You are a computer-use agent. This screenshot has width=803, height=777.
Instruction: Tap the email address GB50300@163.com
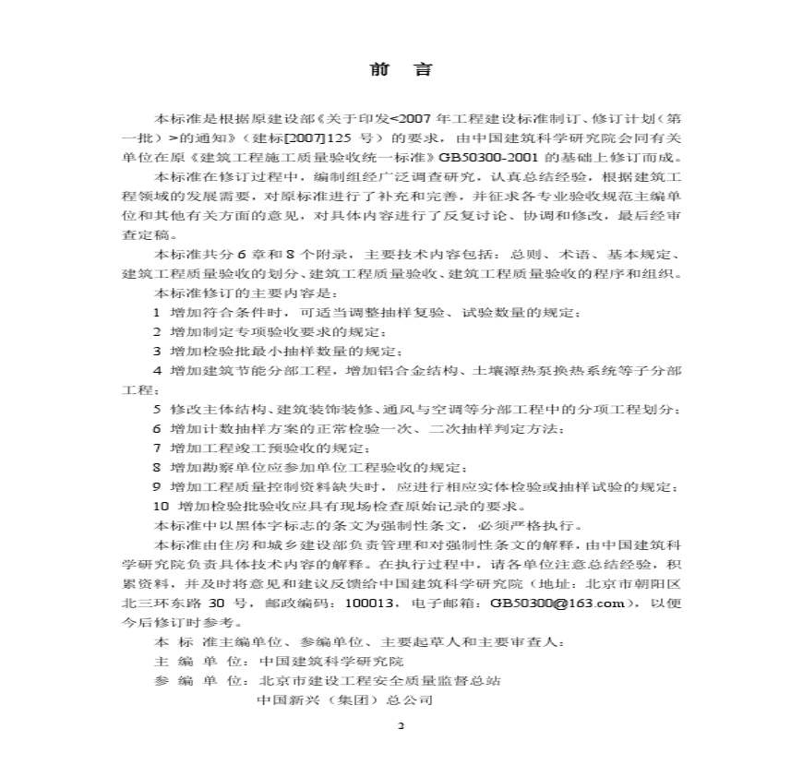(x=561, y=604)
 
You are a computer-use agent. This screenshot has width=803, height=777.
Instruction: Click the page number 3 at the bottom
(x=401, y=724)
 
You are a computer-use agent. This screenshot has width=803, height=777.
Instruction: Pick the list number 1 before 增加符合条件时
(x=157, y=313)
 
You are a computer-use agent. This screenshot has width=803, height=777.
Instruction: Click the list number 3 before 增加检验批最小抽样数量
(x=157, y=351)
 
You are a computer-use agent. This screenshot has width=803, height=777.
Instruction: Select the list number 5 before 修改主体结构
(x=157, y=409)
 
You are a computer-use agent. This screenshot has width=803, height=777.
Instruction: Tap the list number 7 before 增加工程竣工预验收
(x=157, y=448)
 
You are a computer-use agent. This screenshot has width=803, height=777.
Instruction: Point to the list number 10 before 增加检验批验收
(x=161, y=506)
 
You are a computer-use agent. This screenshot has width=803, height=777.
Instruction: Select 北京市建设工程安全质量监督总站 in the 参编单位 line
(x=379, y=680)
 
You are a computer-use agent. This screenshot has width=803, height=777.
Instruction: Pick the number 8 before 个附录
(x=296, y=255)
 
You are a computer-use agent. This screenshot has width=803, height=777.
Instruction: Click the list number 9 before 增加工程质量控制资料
(x=157, y=486)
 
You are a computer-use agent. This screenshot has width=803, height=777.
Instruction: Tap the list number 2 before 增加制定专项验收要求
(x=157, y=332)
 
